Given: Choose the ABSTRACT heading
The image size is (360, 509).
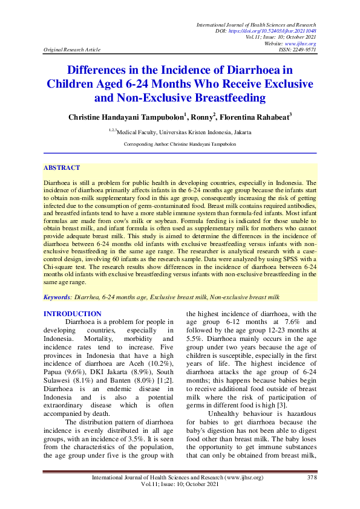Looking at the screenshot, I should (62, 167).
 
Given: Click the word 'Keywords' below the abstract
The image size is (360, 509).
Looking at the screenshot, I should (57, 297).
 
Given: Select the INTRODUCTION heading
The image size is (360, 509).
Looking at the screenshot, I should (73, 314).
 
